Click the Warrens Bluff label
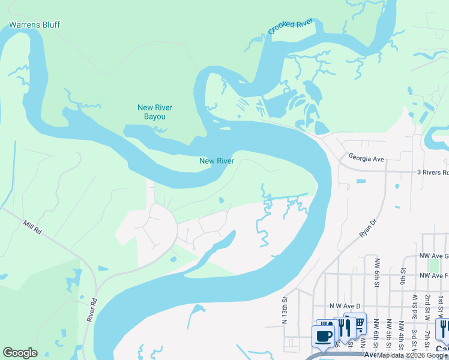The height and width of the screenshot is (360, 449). (x=34, y=25)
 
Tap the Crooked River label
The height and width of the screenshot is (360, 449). (x=291, y=27)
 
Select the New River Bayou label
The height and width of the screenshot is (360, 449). (x=155, y=112)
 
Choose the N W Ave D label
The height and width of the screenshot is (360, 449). (x=345, y=305)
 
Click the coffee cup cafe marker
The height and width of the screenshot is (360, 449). (x=324, y=337)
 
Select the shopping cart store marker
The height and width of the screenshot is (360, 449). (x=358, y=323)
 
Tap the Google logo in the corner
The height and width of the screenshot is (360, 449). (x=20, y=352)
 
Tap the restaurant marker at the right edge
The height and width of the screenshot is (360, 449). (x=442, y=328)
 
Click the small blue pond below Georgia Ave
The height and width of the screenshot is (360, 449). (x=360, y=181)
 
